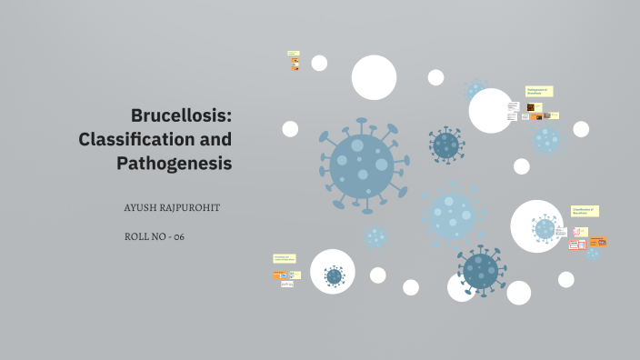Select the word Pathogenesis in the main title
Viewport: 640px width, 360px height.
click(174, 164)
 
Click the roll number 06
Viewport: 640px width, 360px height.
click(179, 236)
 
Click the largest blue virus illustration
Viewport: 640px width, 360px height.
click(362, 165)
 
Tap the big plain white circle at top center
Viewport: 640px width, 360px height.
click(374, 77)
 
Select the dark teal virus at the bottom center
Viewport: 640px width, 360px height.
click(481, 270)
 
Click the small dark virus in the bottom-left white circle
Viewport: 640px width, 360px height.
click(334, 275)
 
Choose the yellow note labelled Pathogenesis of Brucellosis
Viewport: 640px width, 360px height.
click(539, 91)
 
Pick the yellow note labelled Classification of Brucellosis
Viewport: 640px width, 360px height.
click(585, 211)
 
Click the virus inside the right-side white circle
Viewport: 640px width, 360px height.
click(544, 228)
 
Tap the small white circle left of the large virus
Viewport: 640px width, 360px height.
click(290, 129)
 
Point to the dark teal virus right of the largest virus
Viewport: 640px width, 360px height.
click(445, 145)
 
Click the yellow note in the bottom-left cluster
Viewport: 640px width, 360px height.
click(285, 259)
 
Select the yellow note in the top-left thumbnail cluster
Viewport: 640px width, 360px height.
click(293, 54)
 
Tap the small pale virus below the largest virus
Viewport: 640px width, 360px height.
click(375, 237)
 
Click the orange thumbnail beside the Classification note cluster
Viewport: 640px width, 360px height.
click(598, 242)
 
